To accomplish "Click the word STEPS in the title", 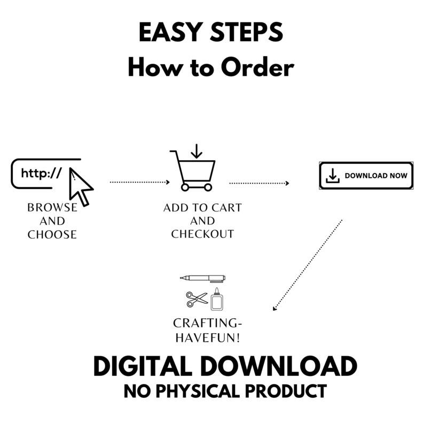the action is (247, 32).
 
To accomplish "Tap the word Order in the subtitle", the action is (257, 67).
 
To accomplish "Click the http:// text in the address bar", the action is (41, 173).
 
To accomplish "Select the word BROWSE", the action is (52, 208).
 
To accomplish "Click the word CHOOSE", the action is (52, 234).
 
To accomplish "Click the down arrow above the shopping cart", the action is (197, 152).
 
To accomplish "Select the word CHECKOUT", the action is (202, 234).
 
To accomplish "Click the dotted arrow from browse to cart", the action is (139, 182).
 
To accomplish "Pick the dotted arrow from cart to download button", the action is (259, 183).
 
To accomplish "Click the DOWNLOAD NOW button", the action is (366, 176).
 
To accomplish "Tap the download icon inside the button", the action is (333, 176).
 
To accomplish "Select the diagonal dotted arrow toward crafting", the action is (308, 265).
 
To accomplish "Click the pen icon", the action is (203, 278).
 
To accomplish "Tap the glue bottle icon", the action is (217, 299).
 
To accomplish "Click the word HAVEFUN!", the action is (208, 337).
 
